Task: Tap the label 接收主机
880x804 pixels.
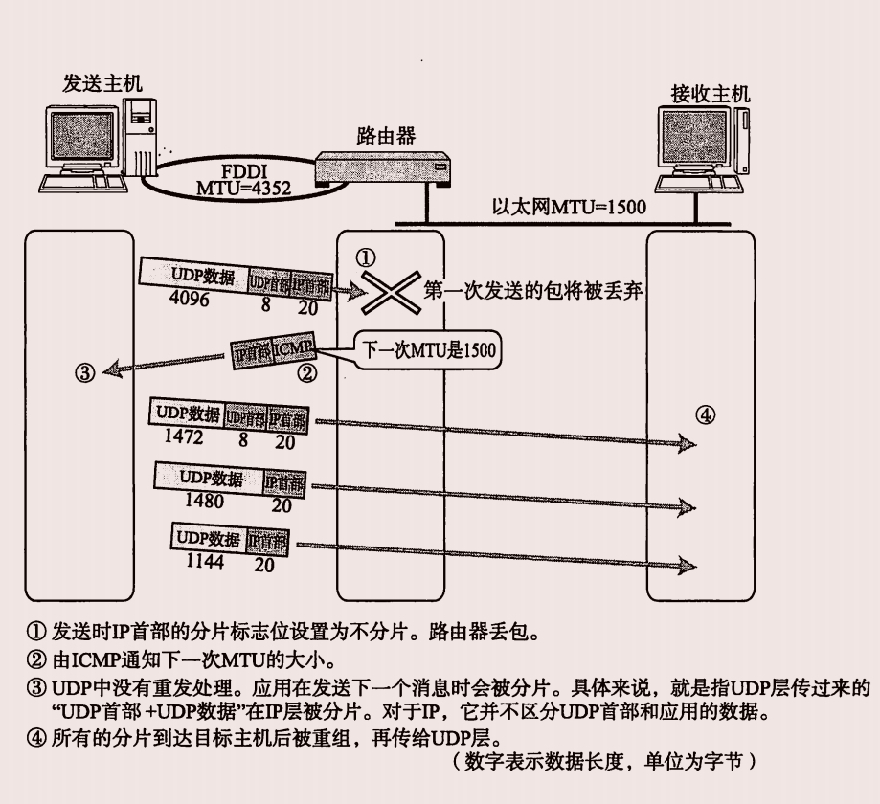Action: (x=711, y=93)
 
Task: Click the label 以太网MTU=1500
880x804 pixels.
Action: (x=569, y=207)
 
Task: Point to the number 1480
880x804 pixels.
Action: (x=200, y=501)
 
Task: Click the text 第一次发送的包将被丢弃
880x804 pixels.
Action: (x=532, y=292)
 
